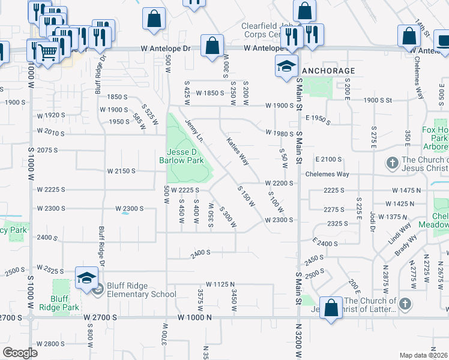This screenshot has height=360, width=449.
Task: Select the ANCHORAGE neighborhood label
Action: tap(329, 71)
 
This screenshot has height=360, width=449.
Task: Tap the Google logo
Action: tap(20, 353)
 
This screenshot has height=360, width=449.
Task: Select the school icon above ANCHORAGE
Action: tap(286, 65)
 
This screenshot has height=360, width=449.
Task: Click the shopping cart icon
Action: tap(48, 52)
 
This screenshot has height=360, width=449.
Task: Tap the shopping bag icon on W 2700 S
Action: tap(330, 309)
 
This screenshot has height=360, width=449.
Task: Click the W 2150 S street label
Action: tap(122, 171)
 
